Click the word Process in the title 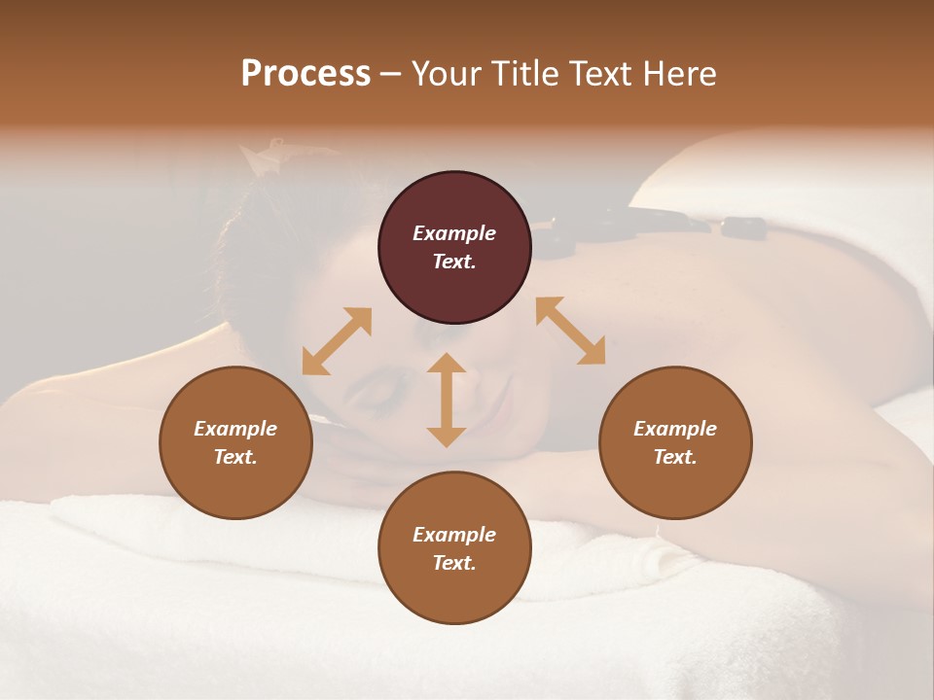point(305,74)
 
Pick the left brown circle point(235,442)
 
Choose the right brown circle point(675,442)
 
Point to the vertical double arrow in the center point(447,400)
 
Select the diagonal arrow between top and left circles point(337,341)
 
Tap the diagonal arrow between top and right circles point(570,332)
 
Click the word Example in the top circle point(454,233)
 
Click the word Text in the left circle point(235,457)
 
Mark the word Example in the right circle point(675,429)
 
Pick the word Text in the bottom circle point(454,563)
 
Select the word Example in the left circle point(235,429)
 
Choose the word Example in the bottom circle point(454,535)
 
